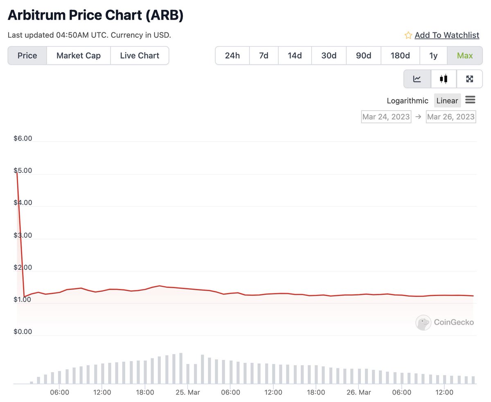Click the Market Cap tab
(x=79, y=56)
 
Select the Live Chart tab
(x=140, y=56)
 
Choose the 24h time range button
(x=232, y=56)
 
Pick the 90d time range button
(x=363, y=56)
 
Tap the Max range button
(x=465, y=56)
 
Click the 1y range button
(x=433, y=56)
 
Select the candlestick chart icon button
(x=444, y=79)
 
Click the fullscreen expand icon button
(x=469, y=79)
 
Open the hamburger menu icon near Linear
(x=470, y=100)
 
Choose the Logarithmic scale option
(x=408, y=101)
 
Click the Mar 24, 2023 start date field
(x=386, y=117)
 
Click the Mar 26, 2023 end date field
(x=450, y=117)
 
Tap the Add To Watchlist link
(x=447, y=35)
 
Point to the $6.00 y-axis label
(x=23, y=138)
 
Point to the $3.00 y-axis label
(x=23, y=235)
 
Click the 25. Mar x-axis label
(x=188, y=392)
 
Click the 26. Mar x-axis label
(x=359, y=392)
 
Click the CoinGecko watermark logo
(x=423, y=323)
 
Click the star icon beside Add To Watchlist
(x=408, y=35)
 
